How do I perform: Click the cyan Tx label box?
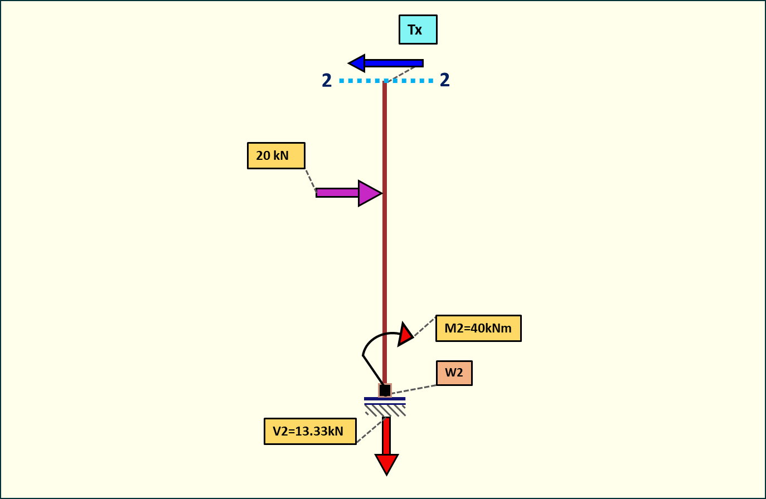tap(418, 30)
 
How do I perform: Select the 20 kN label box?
tap(276, 155)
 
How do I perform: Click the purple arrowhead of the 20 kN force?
tap(369, 193)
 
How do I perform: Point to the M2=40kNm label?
tap(478, 328)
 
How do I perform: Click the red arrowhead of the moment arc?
tap(405, 334)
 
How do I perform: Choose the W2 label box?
tap(454, 373)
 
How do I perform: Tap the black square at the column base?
tap(385, 390)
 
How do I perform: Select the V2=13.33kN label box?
tap(310, 431)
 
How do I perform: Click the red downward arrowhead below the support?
tap(386, 463)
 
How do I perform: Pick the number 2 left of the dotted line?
tap(327, 81)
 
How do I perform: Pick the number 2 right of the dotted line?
tap(445, 80)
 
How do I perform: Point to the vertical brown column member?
tap(385, 251)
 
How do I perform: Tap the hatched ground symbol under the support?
tap(385, 410)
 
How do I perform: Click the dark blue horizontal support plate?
tap(385, 399)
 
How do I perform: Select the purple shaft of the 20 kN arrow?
tap(337, 193)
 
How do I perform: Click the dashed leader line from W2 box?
tap(414, 389)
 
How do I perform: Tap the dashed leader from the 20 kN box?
tap(311, 180)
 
